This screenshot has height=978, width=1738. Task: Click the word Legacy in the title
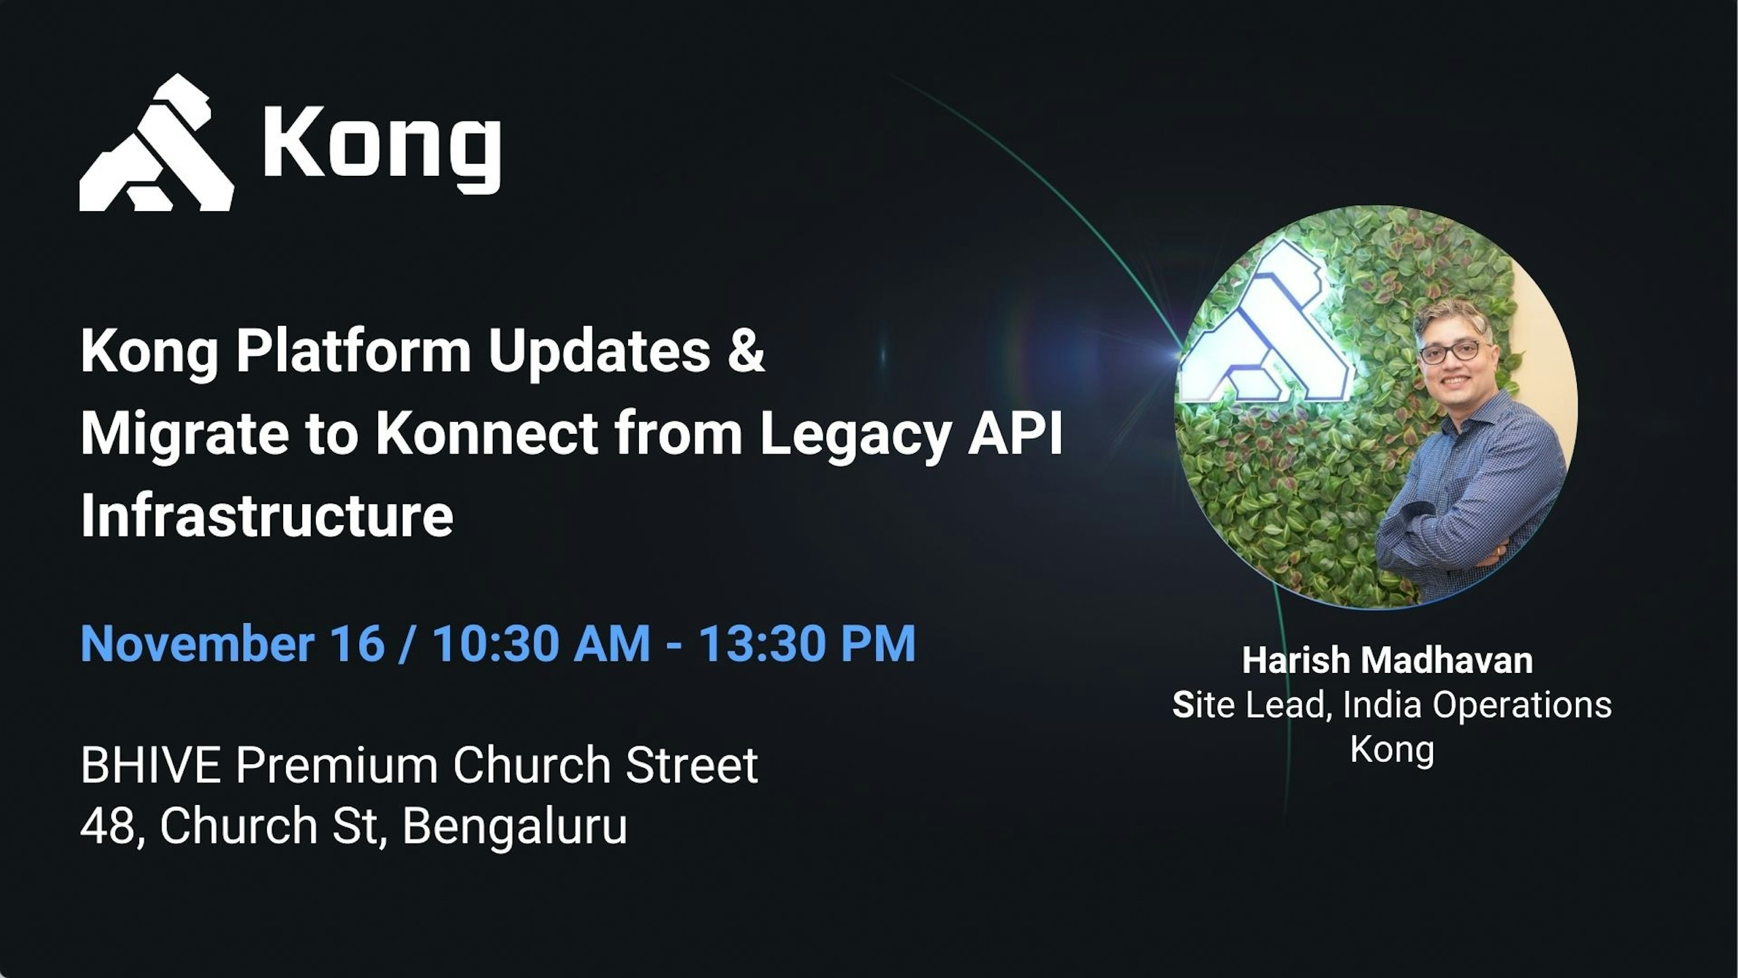tap(855, 437)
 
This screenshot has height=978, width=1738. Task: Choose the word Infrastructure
tap(267, 515)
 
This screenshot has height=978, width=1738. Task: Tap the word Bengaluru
tap(515, 827)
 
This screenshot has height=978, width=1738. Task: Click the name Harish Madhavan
tap(1388, 660)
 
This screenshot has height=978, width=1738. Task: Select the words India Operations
tap(1477, 705)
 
